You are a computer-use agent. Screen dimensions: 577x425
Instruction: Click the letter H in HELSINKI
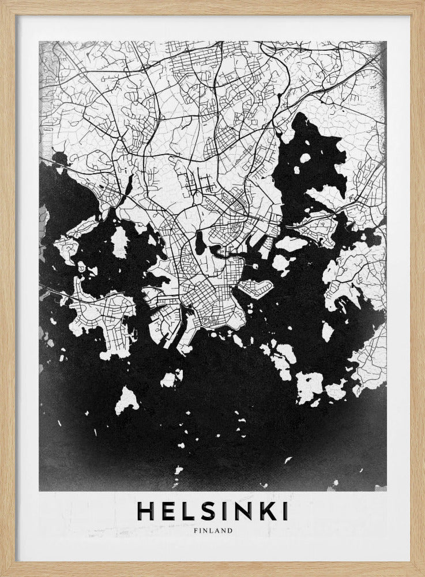(145, 511)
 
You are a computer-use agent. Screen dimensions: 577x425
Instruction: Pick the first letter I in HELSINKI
(221, 511)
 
